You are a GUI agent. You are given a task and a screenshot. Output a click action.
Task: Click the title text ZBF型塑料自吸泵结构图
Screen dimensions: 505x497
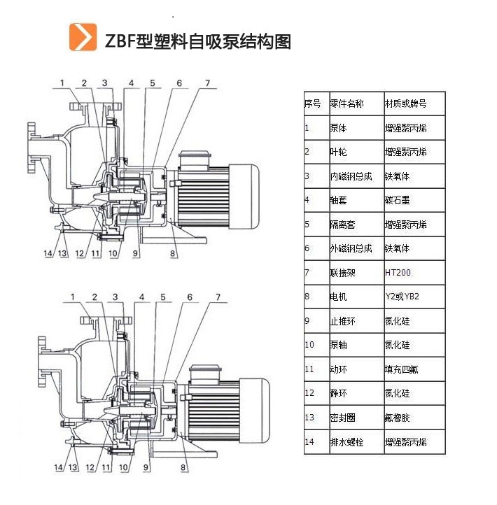coord(197,41)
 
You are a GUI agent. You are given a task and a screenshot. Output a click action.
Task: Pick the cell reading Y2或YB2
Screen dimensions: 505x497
coord(402,297)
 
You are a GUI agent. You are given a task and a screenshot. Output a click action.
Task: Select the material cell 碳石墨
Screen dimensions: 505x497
coord(397,200)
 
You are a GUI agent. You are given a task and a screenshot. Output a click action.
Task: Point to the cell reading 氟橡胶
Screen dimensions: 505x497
coord(397,418)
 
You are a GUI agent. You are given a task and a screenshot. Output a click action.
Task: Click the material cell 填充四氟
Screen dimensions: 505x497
coord(401,369)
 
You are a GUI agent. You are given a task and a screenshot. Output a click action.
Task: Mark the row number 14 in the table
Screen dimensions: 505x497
coord(309,442)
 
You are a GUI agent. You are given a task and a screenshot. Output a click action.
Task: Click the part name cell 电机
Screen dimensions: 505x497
coord(338,297)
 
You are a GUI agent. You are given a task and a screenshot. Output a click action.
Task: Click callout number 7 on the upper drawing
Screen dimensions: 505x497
coord(207,83)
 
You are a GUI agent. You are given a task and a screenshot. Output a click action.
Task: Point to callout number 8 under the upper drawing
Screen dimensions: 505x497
coord(172,253)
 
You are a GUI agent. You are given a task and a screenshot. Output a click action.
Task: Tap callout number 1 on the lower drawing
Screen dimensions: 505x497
coord(72,297)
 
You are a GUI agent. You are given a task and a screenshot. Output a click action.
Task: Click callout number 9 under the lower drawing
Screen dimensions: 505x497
coord(146,467)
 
